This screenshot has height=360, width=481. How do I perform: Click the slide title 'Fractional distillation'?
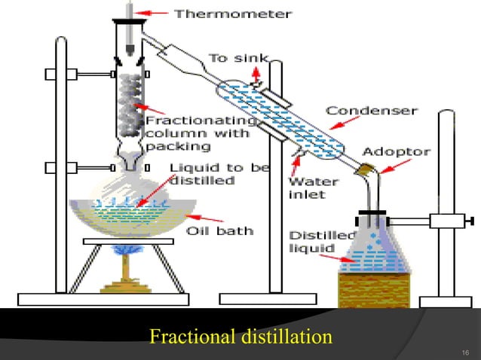tap(240, 335)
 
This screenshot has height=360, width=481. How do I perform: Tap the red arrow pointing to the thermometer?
tap(157, 12)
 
